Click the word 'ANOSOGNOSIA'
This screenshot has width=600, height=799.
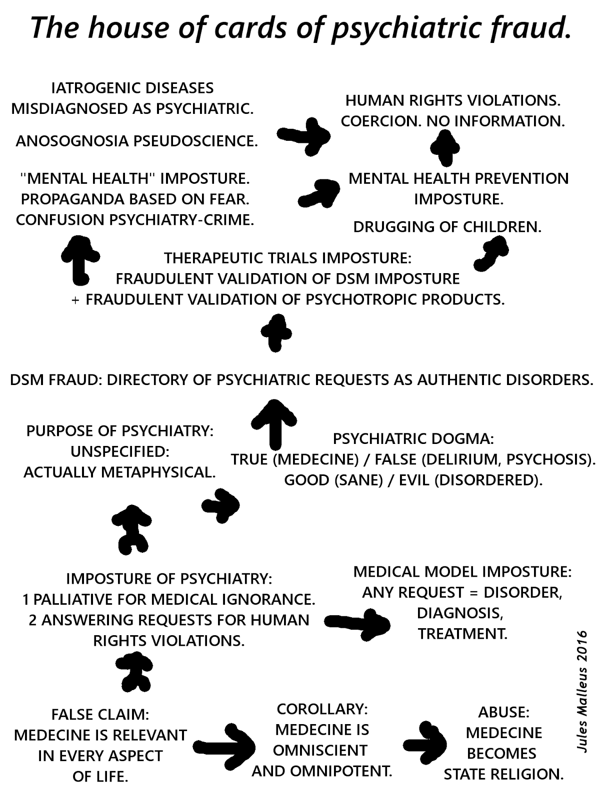tap(72, 141)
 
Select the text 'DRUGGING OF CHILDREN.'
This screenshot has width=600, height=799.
tap(447, 227)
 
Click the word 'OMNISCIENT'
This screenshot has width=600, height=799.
tap(320, 750)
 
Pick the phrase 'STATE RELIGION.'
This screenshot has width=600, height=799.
tap(503, 774)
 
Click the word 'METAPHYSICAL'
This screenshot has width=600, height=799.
tap(164, 472)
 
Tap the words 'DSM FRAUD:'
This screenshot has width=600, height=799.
tap(56, 380)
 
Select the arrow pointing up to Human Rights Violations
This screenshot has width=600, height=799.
tap(444, 147)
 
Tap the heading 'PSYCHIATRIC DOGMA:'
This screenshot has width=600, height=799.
tap(413, 439)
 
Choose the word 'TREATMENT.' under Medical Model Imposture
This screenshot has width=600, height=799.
tap(462, 634)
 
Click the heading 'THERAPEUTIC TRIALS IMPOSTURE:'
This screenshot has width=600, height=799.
tap(287, 258)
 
